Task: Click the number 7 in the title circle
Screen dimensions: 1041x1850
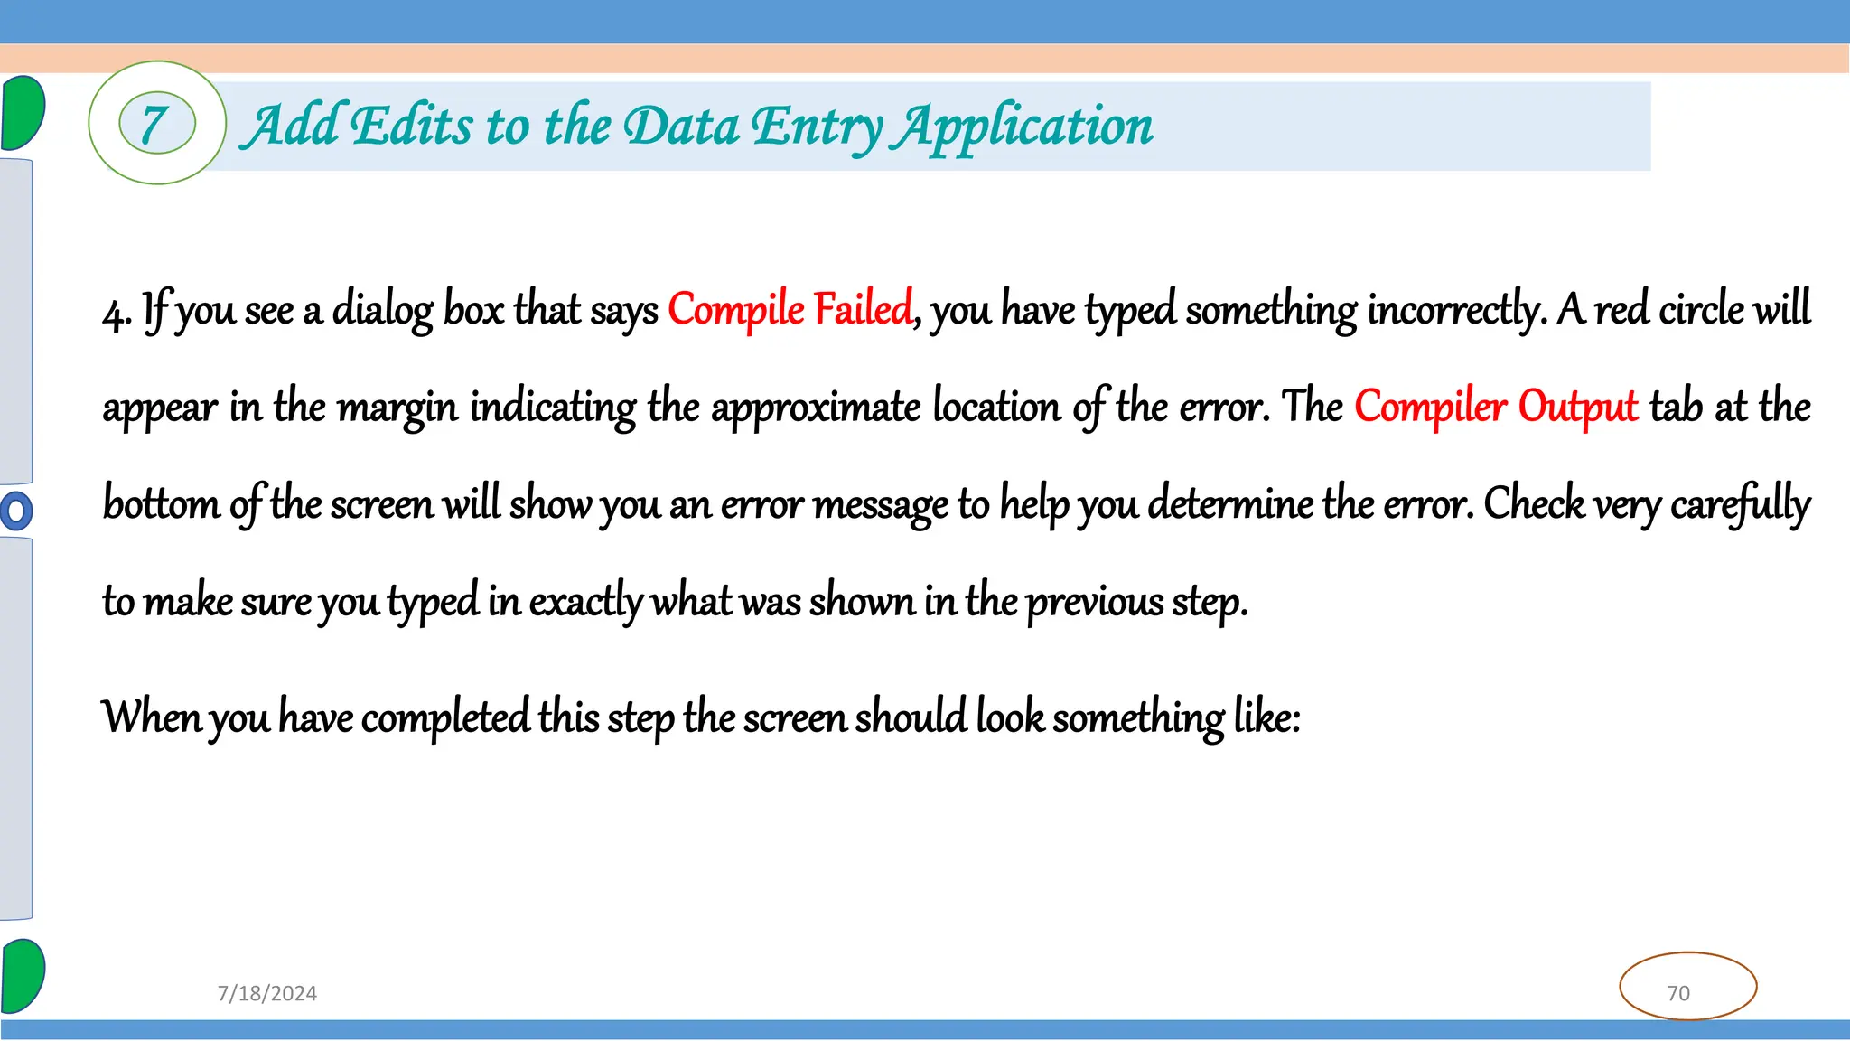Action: (155, 125)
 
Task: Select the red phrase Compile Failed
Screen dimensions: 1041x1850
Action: (790, 309)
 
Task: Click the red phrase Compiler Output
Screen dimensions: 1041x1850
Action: (1496, 407)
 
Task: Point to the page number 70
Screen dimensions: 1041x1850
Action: (1678, 993)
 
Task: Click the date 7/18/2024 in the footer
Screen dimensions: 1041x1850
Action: (267, 993)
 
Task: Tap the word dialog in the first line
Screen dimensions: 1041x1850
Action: (383, 310)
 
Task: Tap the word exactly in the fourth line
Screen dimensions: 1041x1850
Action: (585, 601)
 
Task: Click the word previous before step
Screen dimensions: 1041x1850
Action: (1095, 601)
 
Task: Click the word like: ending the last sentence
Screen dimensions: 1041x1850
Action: (1266, 717)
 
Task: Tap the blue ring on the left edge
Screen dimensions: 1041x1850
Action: (15, 511)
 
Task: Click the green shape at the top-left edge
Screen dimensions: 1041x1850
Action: (22, 113)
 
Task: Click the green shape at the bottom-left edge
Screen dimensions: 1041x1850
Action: (22, 976)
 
